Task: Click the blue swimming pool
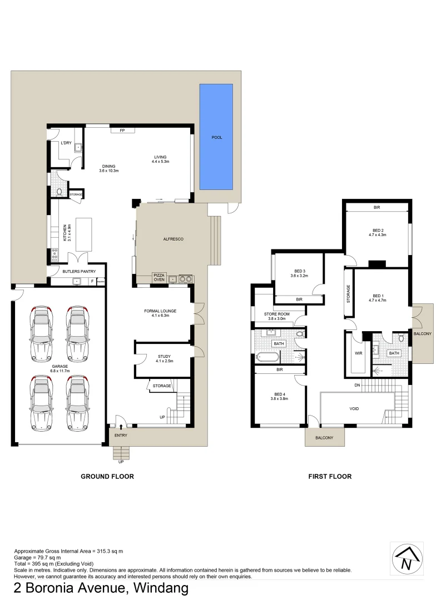[216, 137]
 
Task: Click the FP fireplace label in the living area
[122, 131]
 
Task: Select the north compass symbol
[408, 559]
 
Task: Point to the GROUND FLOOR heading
[107, 476]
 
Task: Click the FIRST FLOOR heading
[330, 476]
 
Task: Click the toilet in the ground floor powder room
[60, 191]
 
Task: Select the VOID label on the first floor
[354, 409]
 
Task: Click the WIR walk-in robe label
[358, 352]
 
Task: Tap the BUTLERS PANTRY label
[79, 271]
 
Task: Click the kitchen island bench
[82, 233]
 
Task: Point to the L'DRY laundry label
[67, 143]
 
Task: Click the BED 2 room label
[378, 230]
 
